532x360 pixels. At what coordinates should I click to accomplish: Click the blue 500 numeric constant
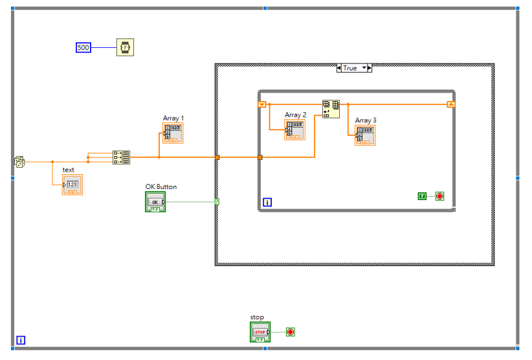83,47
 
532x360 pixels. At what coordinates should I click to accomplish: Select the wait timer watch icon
125,47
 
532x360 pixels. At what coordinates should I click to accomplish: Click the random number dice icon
19,162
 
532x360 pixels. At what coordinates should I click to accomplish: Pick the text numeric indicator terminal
72,185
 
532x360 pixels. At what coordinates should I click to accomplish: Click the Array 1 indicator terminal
173,133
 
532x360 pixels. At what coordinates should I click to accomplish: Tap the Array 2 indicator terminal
295,129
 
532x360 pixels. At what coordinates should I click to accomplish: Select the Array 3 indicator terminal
365,135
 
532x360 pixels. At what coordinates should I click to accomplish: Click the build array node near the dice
121,157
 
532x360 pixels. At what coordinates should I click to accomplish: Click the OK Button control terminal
155,202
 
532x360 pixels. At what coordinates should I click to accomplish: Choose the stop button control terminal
260,332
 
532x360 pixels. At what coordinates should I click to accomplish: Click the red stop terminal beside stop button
291,332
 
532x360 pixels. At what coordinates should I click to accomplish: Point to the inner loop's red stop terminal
439,196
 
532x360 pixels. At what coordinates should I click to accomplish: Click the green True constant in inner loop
422,196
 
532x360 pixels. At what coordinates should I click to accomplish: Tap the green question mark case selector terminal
217,202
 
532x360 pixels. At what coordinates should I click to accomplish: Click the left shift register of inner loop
262,104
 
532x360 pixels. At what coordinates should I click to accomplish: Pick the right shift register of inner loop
451,104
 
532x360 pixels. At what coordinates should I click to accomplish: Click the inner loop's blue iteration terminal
267,202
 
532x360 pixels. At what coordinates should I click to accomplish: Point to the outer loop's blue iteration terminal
21,340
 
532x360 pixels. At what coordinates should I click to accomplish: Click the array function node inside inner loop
331,109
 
